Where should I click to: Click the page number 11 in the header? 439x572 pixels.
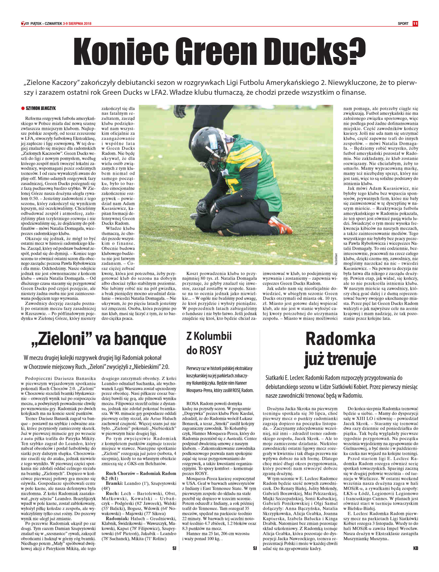415,24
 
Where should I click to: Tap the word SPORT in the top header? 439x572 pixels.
403,24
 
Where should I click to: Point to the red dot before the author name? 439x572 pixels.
23,108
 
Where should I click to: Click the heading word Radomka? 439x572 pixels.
340,339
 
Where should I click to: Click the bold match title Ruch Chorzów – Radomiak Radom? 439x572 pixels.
141,473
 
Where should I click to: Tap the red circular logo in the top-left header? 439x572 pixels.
23,24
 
